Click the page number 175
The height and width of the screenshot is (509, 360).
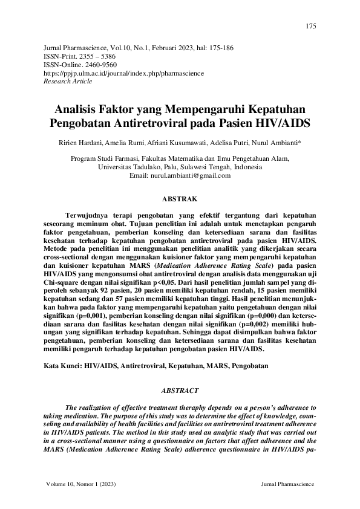click(310, 27)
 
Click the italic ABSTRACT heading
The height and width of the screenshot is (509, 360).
click(180, 391)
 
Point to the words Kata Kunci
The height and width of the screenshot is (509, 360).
click(63, 366)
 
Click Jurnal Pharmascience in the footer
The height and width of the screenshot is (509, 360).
click(288, 485)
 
